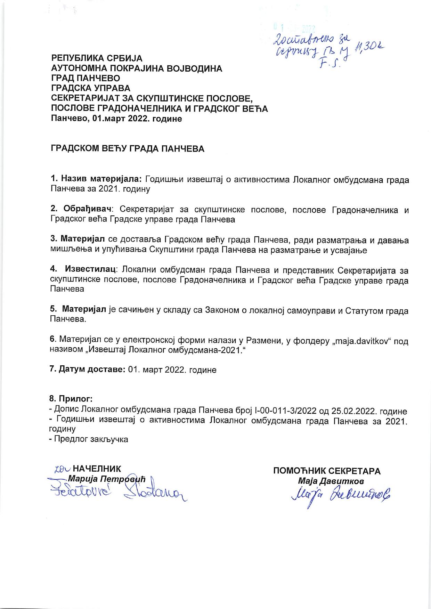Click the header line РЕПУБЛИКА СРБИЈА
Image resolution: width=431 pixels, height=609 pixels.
pos(97,58)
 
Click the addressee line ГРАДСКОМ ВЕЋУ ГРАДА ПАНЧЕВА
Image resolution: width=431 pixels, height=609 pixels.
pos(128,149)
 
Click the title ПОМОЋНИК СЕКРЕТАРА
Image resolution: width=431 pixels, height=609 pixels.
pos(327,471)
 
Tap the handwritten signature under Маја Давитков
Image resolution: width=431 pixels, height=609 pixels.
pos(336,493)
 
